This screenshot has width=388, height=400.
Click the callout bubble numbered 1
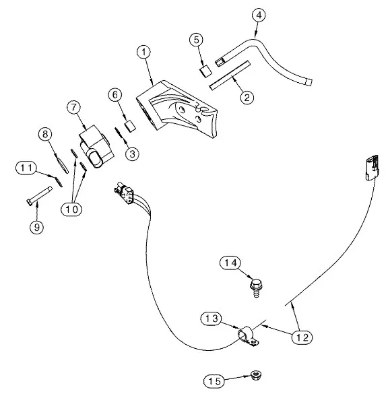click(x=143, y=52)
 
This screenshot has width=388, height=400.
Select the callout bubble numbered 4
click(x=259, y=15)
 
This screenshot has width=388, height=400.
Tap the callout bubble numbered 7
click(x=74, y=107)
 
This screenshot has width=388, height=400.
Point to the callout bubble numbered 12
click(x=302, y=337)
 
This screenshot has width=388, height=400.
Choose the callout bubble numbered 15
click(x=214, y=381)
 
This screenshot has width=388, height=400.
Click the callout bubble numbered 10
click(x=71, y=209)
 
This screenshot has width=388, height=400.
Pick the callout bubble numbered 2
click(x=247, y=97)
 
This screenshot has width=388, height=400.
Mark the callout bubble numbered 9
click(x=37, y=227)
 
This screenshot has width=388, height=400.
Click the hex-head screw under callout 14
click(x=256, y=288)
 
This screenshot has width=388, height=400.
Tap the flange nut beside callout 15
click(x=256, y=375)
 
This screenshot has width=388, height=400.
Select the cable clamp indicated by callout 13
click(x=248, y=336)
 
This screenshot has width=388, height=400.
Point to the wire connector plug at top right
click(x=372, y=168)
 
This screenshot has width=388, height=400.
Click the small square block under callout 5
click(x=205, y=71)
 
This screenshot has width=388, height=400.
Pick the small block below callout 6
click(x=130, y=127)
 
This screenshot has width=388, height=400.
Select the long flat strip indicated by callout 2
click(x=230, y=75)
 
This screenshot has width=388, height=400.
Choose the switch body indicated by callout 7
click(x=95, y=147)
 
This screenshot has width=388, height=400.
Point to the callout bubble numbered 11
click(x=26, y=168)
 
